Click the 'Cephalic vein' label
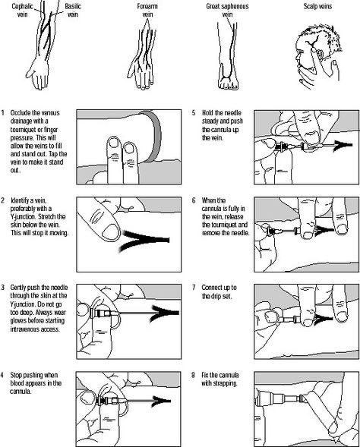click(22, 11)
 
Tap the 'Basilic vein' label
click(73, 11)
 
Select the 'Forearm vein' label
click(147, 11)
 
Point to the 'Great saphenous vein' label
click(227, 11)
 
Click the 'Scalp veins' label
click(317, 6)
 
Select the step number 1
click(2, 113)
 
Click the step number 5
click(194, 113)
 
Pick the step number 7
click(194, 288)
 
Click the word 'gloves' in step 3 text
click(19, 321)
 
